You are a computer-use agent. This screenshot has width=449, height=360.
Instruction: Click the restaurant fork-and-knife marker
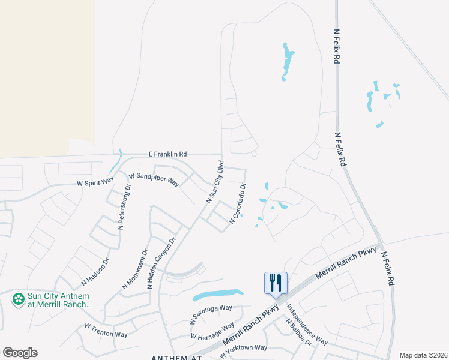coord(276,283)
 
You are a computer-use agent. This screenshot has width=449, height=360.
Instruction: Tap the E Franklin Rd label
coord(167,154)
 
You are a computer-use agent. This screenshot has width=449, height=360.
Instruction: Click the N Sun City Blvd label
coord(214,182)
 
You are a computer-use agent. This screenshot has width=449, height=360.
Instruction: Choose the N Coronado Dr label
coord(238,204)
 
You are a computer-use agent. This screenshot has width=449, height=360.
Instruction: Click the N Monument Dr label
coord(134,269)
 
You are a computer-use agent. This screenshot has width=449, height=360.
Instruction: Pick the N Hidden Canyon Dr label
coord(161,263)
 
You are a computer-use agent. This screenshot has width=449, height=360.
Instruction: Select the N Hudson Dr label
coord(96,271)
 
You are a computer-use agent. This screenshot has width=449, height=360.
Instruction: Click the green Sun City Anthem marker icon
coord(19,298)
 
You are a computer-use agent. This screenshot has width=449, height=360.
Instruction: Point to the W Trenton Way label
coord(106,330)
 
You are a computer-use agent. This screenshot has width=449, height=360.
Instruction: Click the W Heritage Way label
coord(212,331)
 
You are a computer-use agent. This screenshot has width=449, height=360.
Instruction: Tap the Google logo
coord(20,353)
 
